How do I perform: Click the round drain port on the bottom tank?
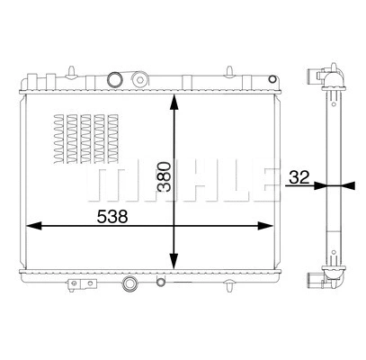click(x=130, y=286)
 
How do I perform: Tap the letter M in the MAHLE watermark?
click(x=107, y=182)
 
